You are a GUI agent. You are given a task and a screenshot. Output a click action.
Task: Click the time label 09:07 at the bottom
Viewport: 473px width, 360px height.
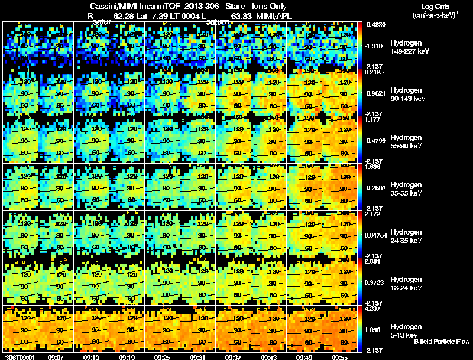click(56, 357)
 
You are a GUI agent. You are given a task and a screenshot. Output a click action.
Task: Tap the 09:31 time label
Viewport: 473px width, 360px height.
click(198, 357)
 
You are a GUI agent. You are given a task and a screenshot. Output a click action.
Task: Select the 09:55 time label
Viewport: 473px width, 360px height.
click(340, 357)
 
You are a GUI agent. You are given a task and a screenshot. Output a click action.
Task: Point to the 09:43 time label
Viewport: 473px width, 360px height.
click(269, 357)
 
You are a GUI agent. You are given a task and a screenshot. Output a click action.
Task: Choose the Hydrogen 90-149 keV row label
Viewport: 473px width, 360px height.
click(407, 95)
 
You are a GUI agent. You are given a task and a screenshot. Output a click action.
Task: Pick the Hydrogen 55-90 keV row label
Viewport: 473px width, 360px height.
click(406, 142)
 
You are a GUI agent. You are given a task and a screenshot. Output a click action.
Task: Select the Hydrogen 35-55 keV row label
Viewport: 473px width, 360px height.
click(406, 189)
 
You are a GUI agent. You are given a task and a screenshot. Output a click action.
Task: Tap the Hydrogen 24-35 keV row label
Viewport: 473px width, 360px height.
click(406, 236)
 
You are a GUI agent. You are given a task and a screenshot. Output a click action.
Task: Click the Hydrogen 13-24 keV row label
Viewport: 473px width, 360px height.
click(406, 284)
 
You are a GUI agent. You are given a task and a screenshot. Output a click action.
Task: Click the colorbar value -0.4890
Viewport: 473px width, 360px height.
click(376, 25)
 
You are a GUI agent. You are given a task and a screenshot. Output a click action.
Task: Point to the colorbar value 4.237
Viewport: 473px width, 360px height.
click(374, 309)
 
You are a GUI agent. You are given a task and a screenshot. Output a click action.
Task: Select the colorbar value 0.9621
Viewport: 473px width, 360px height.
click(376, 93)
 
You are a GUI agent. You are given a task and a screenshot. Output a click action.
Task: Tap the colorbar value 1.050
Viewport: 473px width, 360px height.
click(374, 329)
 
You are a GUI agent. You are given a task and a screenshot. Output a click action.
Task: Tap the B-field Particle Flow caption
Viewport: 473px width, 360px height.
click(442, 342)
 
